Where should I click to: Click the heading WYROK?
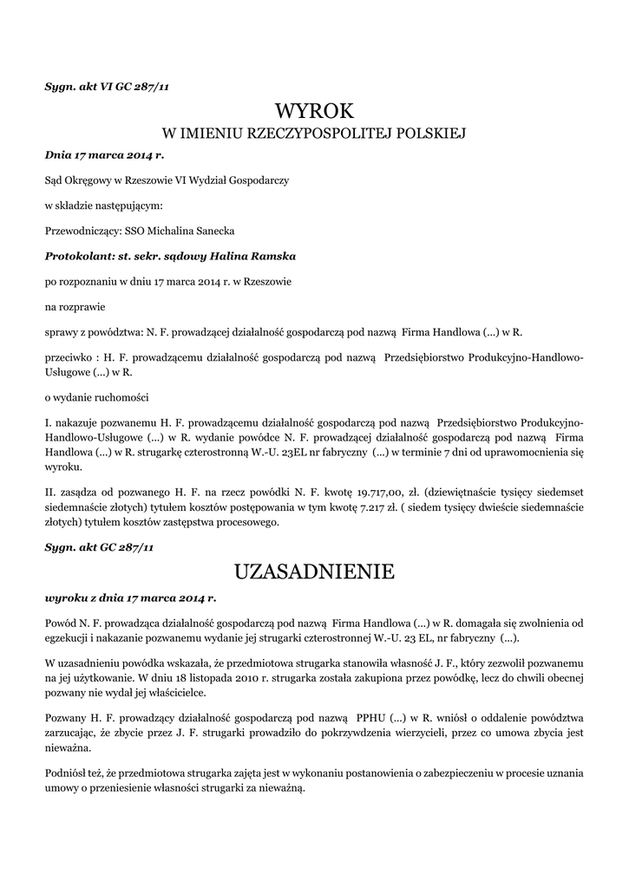point(314,111)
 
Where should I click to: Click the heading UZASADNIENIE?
point(314,571)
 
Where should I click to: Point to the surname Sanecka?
point(210,231)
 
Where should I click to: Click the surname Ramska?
point(272,257)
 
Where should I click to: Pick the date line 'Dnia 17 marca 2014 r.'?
point(104,155)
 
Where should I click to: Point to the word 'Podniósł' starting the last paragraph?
point(66,771)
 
